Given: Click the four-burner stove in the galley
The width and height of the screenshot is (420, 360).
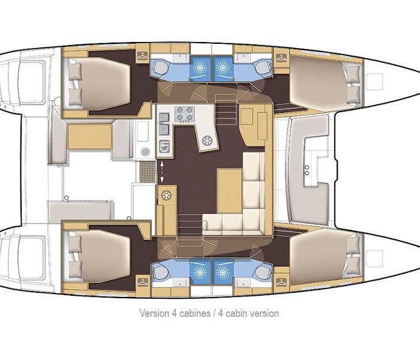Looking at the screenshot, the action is pyautogui.click(x=185, y=113).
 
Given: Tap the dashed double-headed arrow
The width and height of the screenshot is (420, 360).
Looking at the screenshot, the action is pyautogui.click(x=161, y=172).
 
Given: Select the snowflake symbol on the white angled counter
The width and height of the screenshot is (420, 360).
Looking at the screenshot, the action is pyautogui.click(x=207, y=140).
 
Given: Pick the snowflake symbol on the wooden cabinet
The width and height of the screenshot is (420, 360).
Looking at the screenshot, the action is pyautogui.click(x=166, y=195).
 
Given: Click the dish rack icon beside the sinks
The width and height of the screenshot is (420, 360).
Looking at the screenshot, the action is pyautogui.click(x=164, y=146).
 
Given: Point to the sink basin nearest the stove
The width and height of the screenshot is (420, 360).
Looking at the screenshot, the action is pyautogui.click(x=164, y=118).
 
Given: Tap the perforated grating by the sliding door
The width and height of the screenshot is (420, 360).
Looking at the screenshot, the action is pyautogui.click(x=148, y=172).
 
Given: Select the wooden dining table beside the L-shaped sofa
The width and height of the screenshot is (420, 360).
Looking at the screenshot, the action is pyautogui.click(x=229, y=191).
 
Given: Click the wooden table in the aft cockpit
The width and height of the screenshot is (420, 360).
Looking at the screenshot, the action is pyautogui.click(x=90, y=136).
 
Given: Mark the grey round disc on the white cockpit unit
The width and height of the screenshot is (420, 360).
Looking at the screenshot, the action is pyautogui.click(x=145, y=152).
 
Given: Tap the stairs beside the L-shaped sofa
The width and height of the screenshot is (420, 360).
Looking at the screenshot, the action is pyautogui.click(x=190, y=227).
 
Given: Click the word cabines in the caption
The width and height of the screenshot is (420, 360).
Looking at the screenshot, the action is pyautogui.click(x=195, y=313).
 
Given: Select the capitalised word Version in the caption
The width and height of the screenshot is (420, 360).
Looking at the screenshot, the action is pyautogui.click(x=154, y=313).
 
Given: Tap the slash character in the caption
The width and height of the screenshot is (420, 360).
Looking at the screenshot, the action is pyautogui.click(x=214, y=313).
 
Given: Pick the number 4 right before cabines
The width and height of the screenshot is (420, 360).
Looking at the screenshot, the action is pyautogui.click(x=174, y=313).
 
